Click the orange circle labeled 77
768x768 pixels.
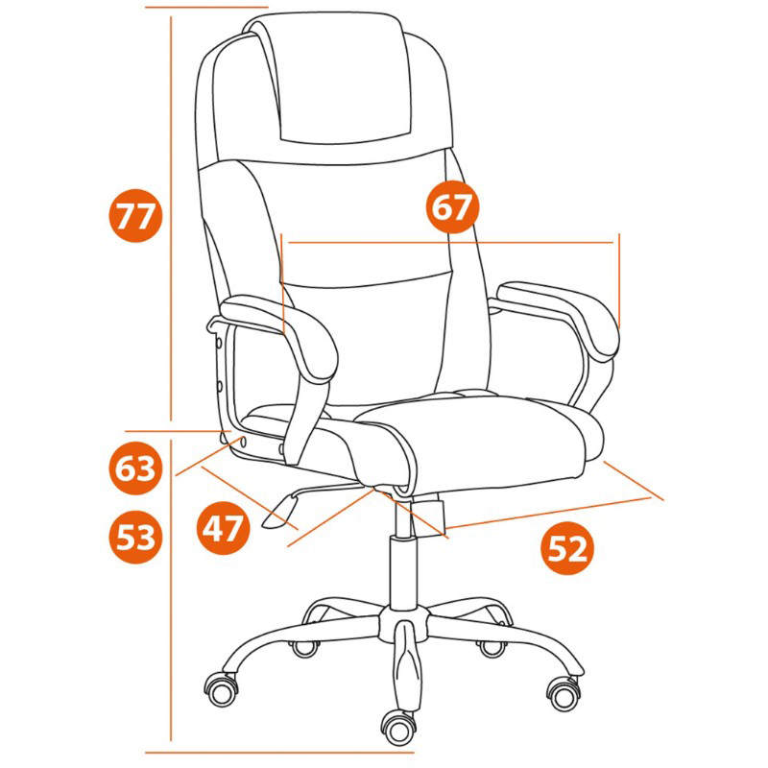point(135,215)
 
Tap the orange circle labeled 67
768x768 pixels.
point(452,206)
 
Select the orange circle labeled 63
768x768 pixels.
point(135,468)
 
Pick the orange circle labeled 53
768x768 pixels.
point(135,537)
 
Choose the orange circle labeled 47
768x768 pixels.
point(224,528)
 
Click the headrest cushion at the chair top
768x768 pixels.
point(343,79)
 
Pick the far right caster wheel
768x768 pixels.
point(564,692)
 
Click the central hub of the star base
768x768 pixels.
point(404,623)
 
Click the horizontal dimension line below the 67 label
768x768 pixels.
point(450,242)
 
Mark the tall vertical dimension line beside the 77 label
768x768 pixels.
point(171,219)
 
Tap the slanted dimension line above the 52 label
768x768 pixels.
point(548,513)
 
